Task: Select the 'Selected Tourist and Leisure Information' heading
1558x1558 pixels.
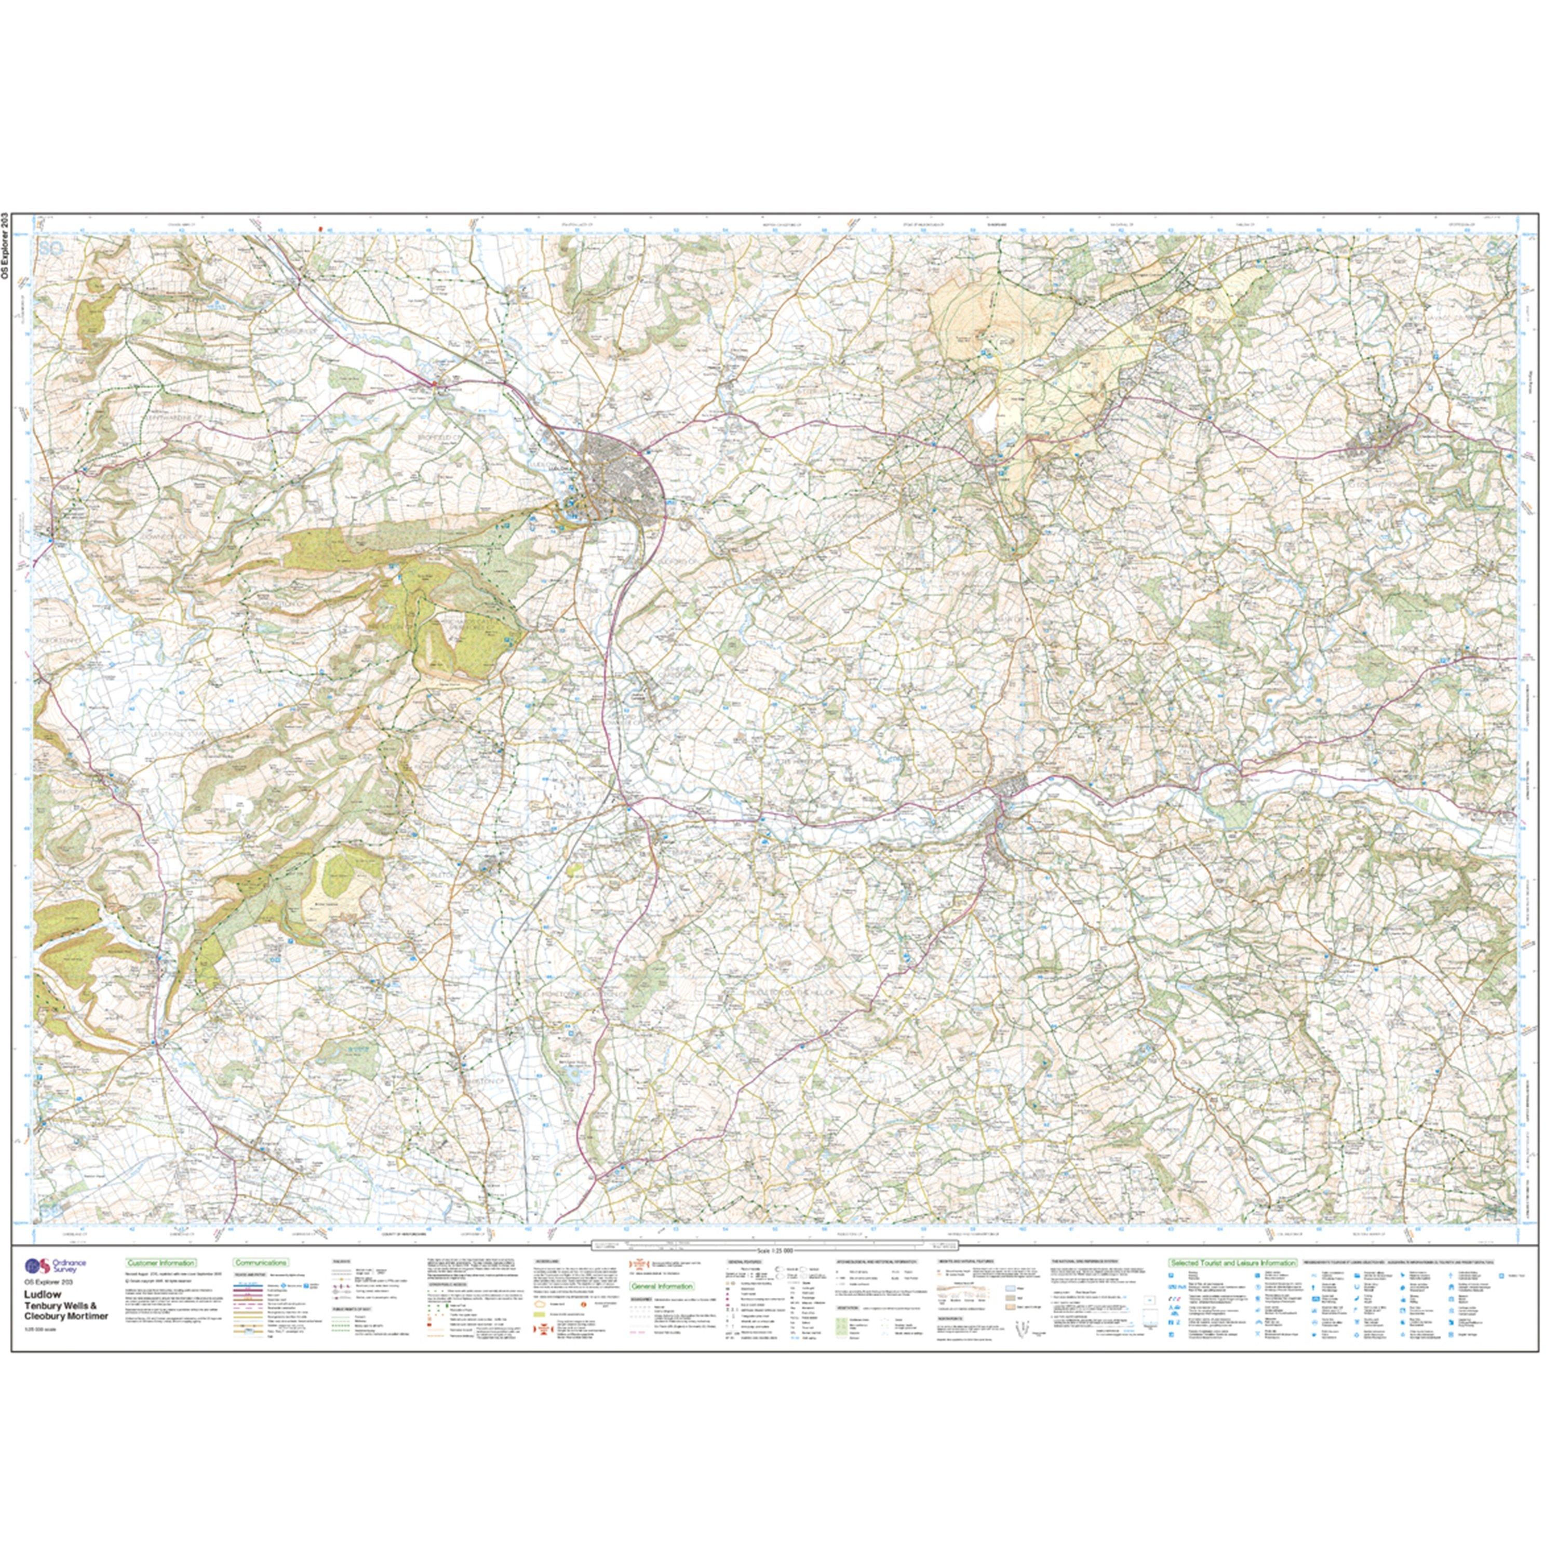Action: click(1231, 1263)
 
